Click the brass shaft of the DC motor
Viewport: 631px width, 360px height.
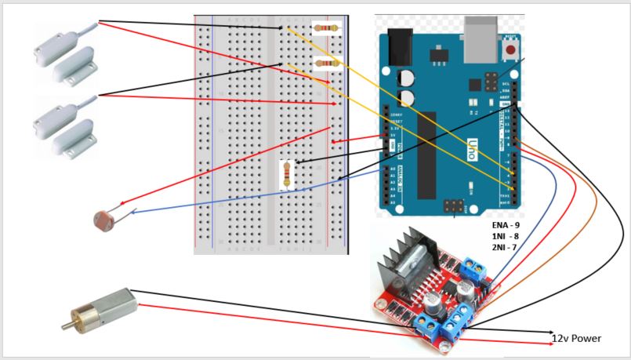70,321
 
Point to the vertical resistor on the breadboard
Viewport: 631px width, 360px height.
288,174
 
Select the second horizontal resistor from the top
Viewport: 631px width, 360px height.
327,62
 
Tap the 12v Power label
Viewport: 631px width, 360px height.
578,339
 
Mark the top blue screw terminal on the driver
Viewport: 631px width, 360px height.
473,271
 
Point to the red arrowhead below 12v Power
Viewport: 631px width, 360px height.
548,344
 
